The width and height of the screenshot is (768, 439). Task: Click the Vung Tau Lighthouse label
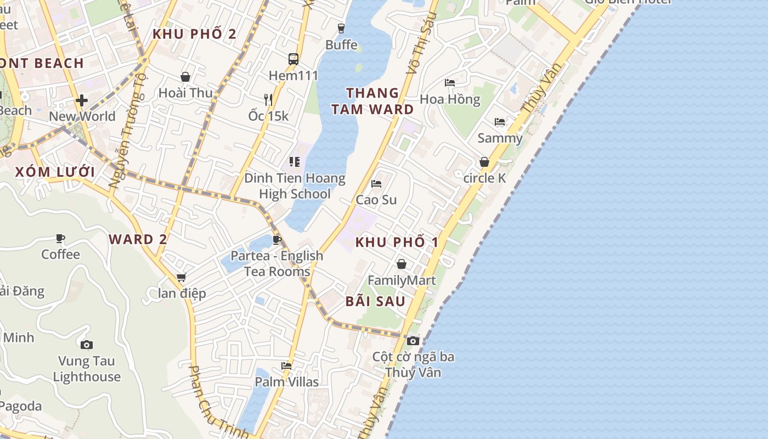pos(87,369)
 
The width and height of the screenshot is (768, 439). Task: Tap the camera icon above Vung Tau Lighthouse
pos(86,345)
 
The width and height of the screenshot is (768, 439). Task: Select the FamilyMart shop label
pos(402,280)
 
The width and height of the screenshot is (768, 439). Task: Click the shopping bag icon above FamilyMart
pos(402,264)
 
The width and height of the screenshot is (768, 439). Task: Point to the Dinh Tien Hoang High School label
pos(295,186)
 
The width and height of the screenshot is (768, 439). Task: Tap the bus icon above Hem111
pos(293,59)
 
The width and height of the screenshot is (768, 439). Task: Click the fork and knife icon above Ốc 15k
pos(268,99)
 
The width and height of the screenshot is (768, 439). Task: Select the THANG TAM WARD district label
pos(372,101)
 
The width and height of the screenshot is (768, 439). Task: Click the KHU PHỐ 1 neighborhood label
pos(397,242)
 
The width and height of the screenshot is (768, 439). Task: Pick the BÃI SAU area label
pos(376,301)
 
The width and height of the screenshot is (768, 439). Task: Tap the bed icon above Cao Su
pos(376,183)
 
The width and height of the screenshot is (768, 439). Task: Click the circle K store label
pos(484,178)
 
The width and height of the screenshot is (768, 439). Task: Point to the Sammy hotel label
pos(500,138)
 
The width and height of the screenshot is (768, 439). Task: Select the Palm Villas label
pos(287,381)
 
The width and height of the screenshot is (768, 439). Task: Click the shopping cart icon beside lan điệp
pos(181,278)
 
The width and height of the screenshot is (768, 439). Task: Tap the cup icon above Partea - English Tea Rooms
pos(277,239)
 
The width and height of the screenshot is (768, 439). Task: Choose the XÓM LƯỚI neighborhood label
pos(55,172)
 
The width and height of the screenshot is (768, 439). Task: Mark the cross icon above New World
pos(82,100)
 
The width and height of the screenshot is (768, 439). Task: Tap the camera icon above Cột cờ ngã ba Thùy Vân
pos(413,341)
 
